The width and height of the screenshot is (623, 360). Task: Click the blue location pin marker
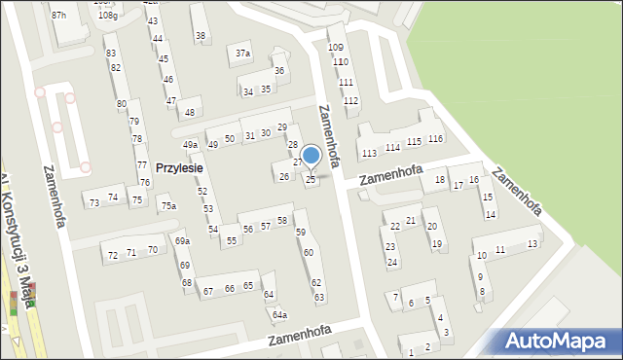coord(311,156)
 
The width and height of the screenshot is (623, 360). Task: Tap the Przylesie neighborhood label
coord(178,167)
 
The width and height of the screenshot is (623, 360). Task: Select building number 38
coord(201,36)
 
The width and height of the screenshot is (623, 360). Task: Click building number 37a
coord(242,53)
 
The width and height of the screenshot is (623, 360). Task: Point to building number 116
coord(435,139)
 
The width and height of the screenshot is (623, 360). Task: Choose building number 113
coord(368,154)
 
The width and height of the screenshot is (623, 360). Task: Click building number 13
coord(531,243)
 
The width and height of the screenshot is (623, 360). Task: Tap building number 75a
coord(168,205)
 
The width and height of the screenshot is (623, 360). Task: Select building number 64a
coord(279,314)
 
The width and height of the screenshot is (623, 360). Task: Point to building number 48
coord(190,112)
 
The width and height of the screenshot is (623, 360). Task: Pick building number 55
coord(231,239)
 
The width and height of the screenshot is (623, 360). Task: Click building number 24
coord(391,263)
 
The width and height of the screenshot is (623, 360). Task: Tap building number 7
coord(395,296)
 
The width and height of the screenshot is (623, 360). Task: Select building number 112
coord(351,100)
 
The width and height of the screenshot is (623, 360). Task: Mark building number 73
coord(94,202)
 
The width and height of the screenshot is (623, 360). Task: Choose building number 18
coord(440,180)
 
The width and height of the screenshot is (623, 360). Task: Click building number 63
coord(318,296)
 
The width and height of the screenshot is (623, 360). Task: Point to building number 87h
coord(59,15)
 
